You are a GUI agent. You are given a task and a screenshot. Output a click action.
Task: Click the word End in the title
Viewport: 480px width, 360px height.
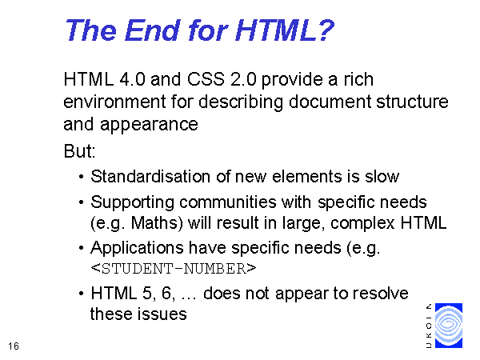click(x=152, y=30)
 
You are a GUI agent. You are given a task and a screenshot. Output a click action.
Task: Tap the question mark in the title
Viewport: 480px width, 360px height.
click(x=325, y=30)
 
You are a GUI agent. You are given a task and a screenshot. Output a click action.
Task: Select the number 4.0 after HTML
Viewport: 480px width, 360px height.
click(x=132, y=79)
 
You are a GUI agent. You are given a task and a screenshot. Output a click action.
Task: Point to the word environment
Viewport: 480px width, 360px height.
click(x=114, y=102)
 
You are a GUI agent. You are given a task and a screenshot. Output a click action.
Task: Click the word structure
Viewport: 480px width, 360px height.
click(x=412, y=102)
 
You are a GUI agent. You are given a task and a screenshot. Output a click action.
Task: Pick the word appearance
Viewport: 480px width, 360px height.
click(x=149, y=126)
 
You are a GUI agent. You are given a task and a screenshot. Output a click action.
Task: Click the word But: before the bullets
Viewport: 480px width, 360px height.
click(x=79, y=151)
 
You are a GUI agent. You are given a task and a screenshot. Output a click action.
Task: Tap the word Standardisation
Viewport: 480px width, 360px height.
click(x=150, y=177)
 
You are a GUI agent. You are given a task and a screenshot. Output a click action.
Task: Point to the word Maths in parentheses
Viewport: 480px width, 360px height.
click(x=154, y=223)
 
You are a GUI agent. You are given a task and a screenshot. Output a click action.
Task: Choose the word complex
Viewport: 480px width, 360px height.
click(x=362, y=224)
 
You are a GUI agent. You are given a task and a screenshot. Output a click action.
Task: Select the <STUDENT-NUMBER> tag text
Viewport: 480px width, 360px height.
click(x=174, y=269)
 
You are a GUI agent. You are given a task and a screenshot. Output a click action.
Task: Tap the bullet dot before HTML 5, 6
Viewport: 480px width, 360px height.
click(x=81, y=294)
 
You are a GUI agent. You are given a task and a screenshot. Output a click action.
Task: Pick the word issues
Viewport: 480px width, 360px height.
click(x=162, y=314)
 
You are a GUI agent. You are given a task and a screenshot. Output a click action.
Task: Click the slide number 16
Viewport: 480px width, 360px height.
click(x=14, y=346)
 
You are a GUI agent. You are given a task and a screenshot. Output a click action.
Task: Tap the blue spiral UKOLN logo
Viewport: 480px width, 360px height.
click(x=449, y=326)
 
